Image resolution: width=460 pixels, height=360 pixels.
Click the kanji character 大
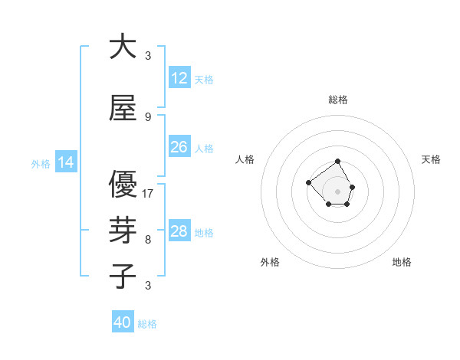(x=123, y=47)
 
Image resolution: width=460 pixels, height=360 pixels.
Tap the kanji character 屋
(x=123, y=109)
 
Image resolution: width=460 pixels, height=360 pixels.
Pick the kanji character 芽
(x=123, y=231)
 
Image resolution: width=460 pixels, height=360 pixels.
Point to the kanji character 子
(x=123, y=277)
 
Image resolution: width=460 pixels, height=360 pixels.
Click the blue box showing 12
(x=179, y=78)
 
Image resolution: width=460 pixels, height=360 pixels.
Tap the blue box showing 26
(x=179, y=147)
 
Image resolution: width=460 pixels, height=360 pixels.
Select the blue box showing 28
(x=179, y=231)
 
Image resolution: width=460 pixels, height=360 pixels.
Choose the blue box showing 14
(x=66, y=162)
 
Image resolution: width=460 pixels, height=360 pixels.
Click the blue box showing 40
(x=123, y=322)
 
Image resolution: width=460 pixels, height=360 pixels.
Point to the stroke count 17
(x=148, y=194)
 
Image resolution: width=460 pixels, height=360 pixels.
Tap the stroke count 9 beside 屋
(x=148, y=116)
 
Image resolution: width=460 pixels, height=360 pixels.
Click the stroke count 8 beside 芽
(x=148, y=239)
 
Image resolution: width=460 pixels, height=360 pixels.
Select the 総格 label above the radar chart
(x=337, y=100)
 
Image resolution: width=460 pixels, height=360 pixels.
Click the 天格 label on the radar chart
(x=431, y=159)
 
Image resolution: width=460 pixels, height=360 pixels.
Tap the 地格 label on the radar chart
(x=402, y=262)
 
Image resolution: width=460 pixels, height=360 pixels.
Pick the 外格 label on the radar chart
(x=270, y=262)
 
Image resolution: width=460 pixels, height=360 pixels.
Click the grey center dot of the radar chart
(x=337, y=191)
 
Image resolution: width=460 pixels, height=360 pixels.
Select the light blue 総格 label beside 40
(x=147, y=324)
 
